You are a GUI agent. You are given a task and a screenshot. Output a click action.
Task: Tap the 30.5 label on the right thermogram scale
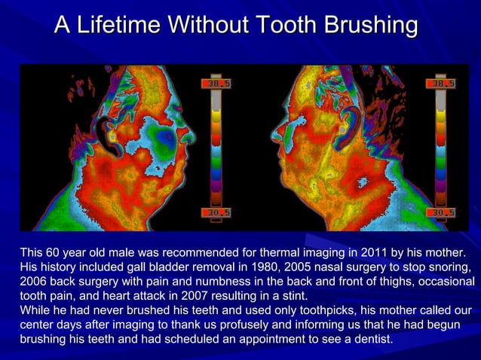[441, 213]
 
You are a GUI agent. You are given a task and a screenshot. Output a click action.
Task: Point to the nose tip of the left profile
[195, 136]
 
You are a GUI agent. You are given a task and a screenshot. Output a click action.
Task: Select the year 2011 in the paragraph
[348, 252]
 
